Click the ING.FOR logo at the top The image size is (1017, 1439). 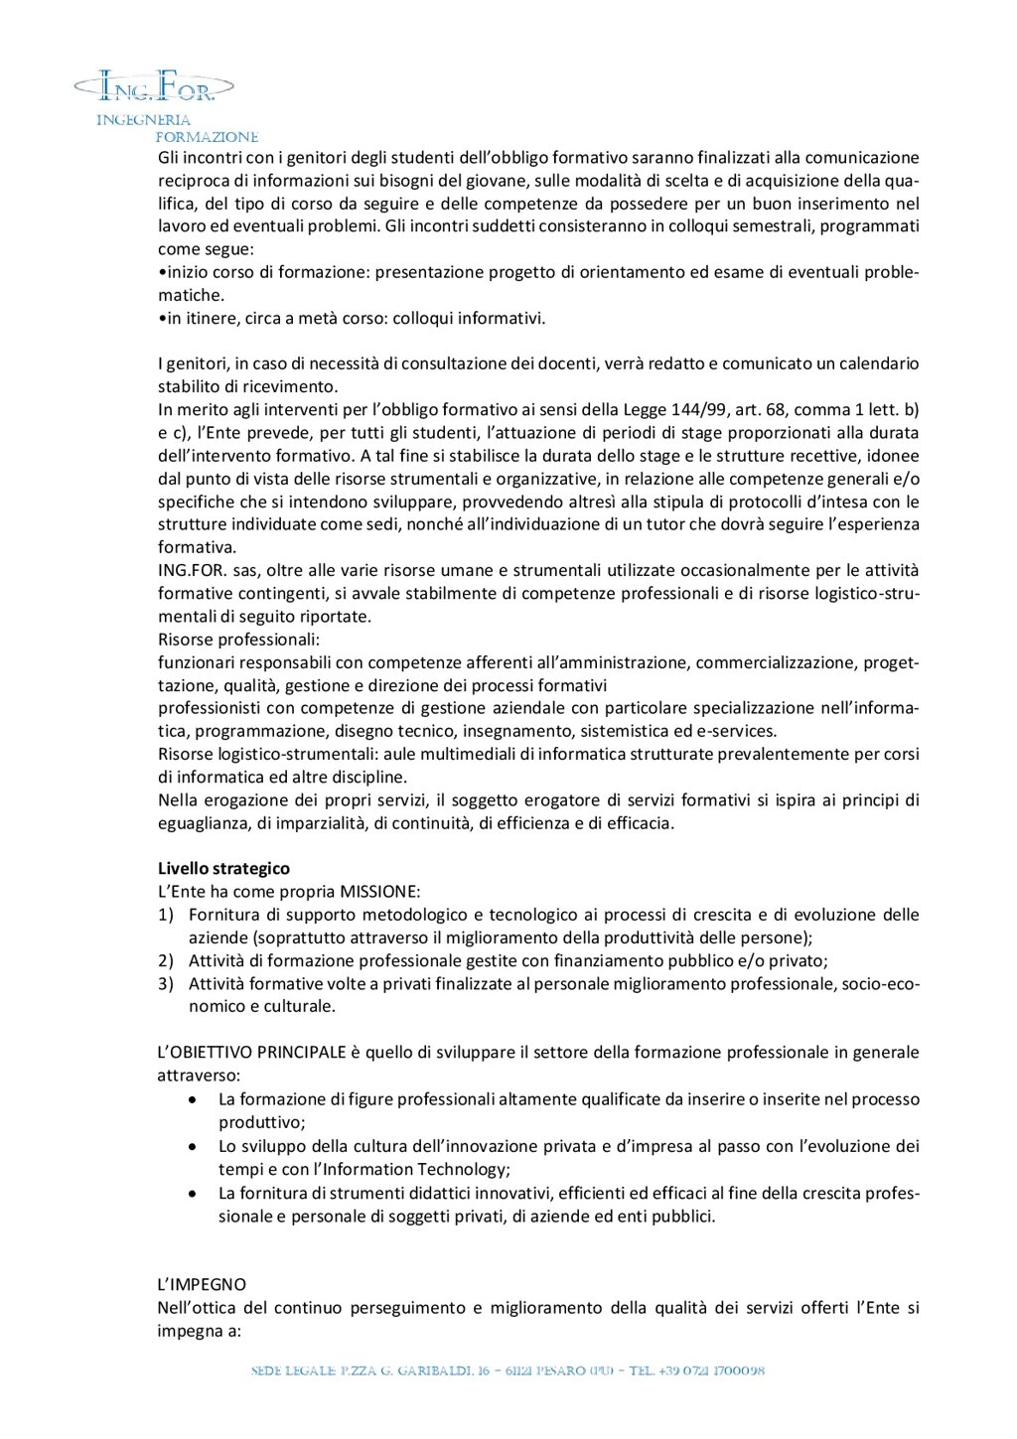[156, 87]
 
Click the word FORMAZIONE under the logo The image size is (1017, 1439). [207, 137]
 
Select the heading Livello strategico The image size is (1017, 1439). [223, 868]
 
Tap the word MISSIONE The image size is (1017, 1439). [379, 891]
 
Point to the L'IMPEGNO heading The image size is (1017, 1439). [202, 1284]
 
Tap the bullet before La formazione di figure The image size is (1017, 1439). [193, 1099]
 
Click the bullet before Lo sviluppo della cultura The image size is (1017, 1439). [193, 1146]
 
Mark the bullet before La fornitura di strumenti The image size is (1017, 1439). [193, 1193]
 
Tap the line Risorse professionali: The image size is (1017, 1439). [238, 639]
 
